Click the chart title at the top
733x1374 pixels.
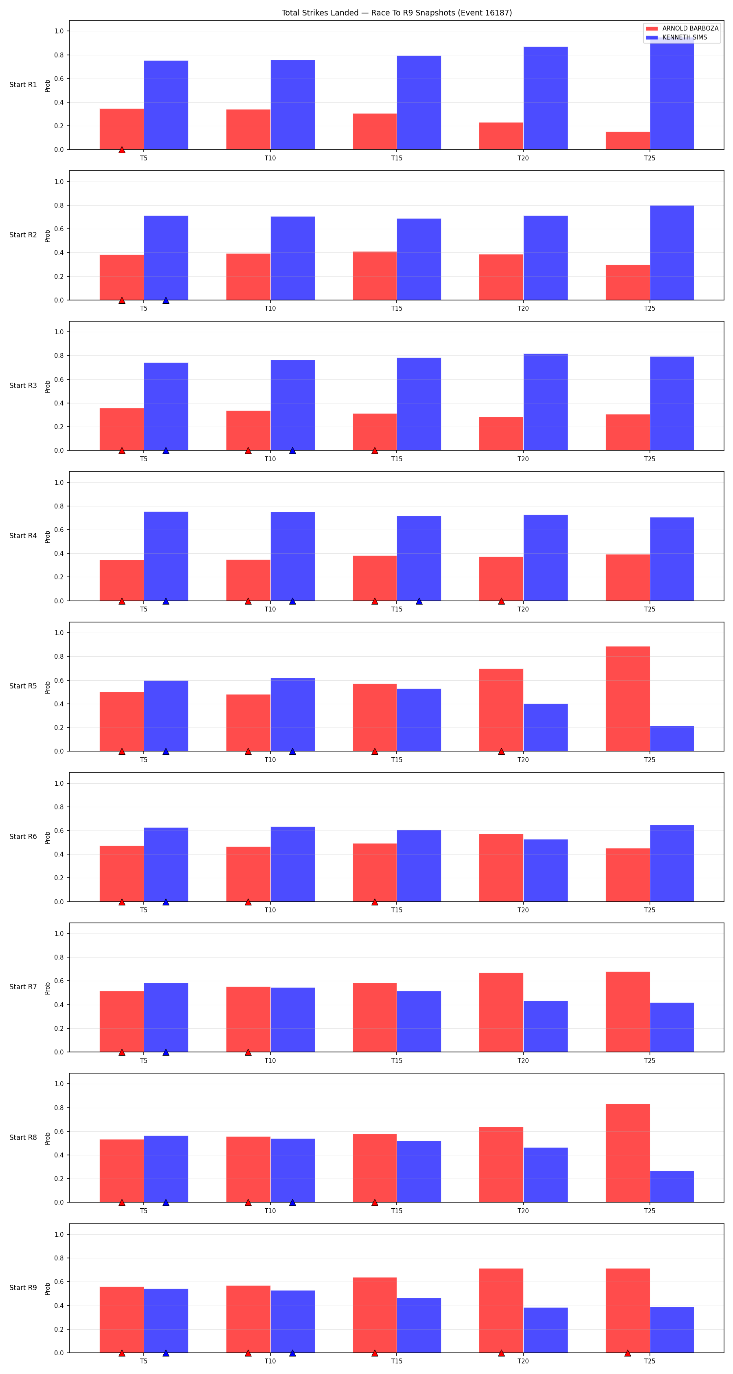coord(396,13)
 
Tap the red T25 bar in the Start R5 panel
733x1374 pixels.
coord(628,699)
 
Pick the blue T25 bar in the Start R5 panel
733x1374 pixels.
coord(672,739)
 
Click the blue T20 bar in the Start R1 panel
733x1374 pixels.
coord(545,98)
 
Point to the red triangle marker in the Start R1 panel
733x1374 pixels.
coord(122,150)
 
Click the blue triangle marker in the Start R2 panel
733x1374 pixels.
coord(166,300)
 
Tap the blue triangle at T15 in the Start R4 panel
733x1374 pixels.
coord(419,601)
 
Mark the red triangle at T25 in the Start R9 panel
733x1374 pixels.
coord(628,1353)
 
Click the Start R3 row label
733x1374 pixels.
coord(23,386)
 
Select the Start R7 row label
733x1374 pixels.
coord(23,987)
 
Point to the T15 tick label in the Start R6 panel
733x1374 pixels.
coord(396,910)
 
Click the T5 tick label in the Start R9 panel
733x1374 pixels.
coord(143,1361)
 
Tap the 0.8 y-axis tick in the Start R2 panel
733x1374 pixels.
coord(59,205)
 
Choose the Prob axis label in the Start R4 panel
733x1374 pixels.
coord(48,537)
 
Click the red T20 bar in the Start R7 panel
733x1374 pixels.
coord(501,1012)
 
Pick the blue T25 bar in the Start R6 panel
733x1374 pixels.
coord(672,863)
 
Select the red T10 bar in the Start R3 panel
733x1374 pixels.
coord(248,430)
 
